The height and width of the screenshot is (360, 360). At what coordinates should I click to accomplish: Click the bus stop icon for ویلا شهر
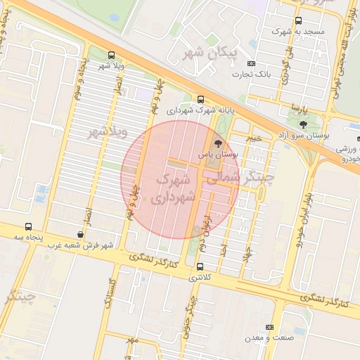pyautogui.click(x=111, y=55)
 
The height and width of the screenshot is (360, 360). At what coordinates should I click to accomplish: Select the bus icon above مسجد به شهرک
pyautogui.click(x=298, y=21)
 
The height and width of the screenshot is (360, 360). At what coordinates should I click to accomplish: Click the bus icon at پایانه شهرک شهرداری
pyautogui.click(x=202, y=99)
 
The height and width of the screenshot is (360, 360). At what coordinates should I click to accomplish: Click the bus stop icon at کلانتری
pyautogui.click(x=200, y=266)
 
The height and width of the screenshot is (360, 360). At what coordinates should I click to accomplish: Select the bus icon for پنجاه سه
pyautogui.click(x=28, y=227)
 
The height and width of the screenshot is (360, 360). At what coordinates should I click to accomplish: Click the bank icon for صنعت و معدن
pyautogui.click(x=270, y=328)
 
